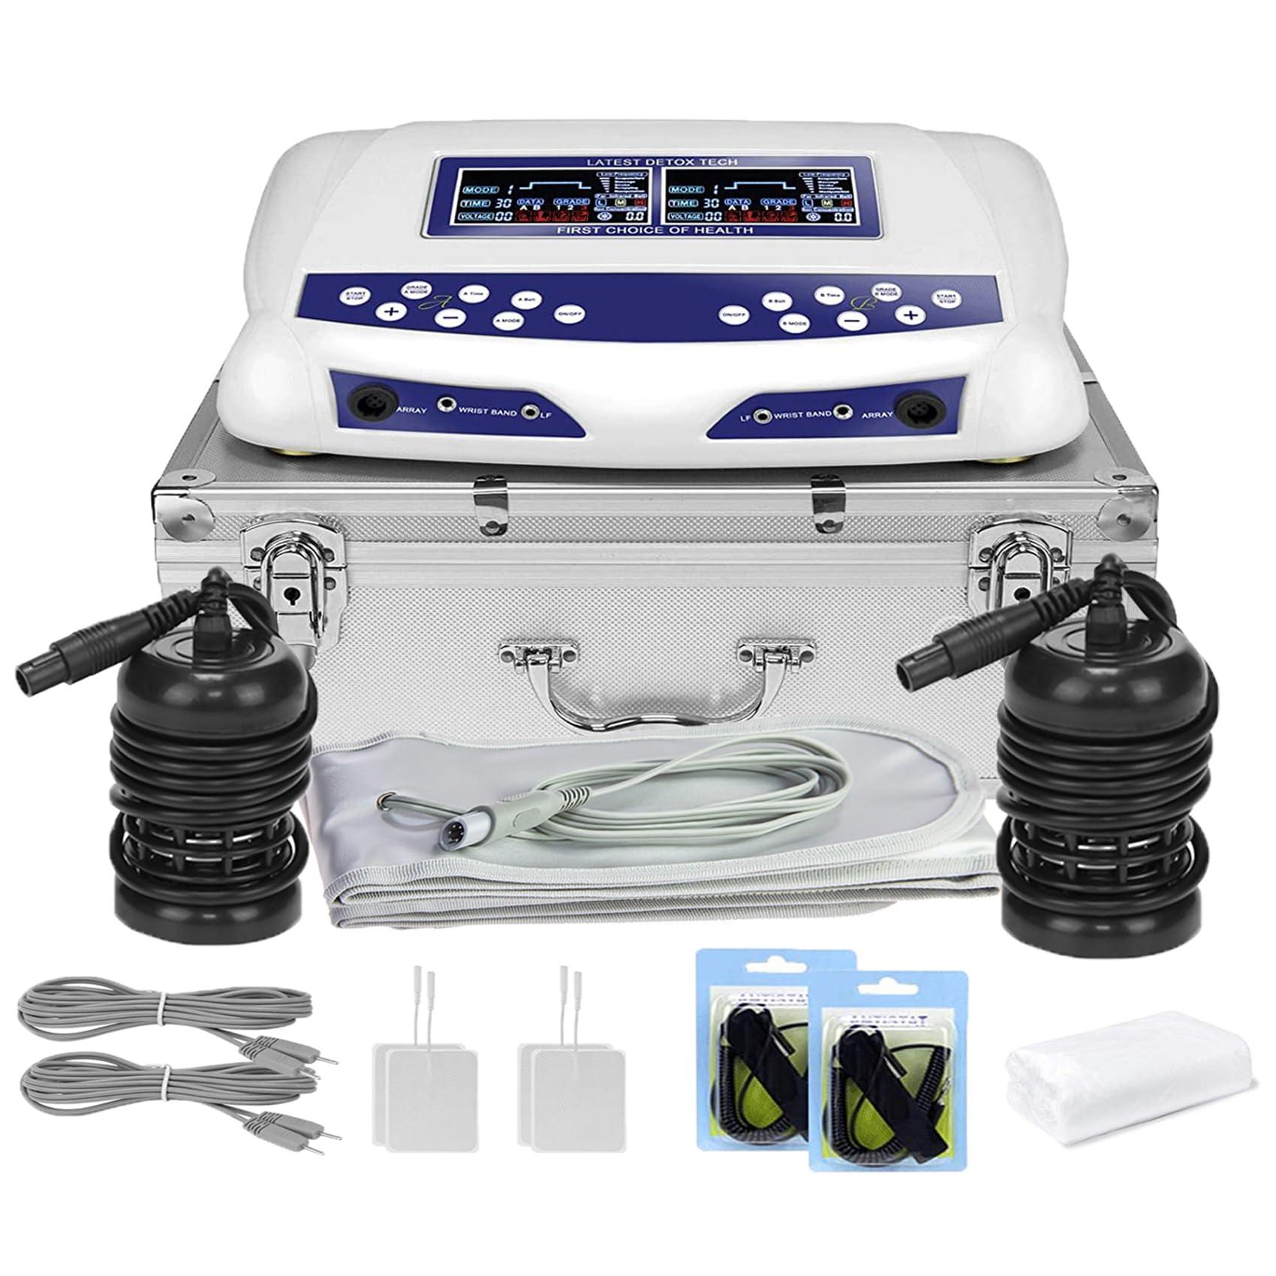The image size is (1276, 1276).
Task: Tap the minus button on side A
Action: (449, 319)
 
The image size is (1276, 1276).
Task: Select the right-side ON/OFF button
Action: (734, 316)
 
